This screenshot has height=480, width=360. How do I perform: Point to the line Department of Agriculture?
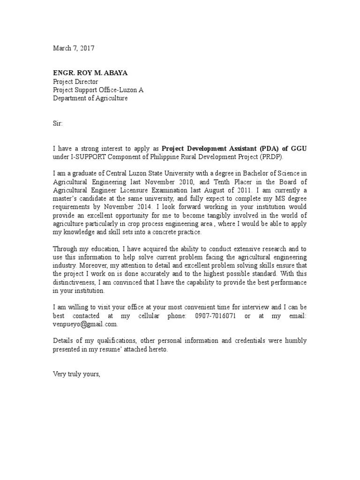(90, 98)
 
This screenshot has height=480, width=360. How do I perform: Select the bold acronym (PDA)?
(264, 149)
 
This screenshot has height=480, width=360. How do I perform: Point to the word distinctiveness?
(77, 283)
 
